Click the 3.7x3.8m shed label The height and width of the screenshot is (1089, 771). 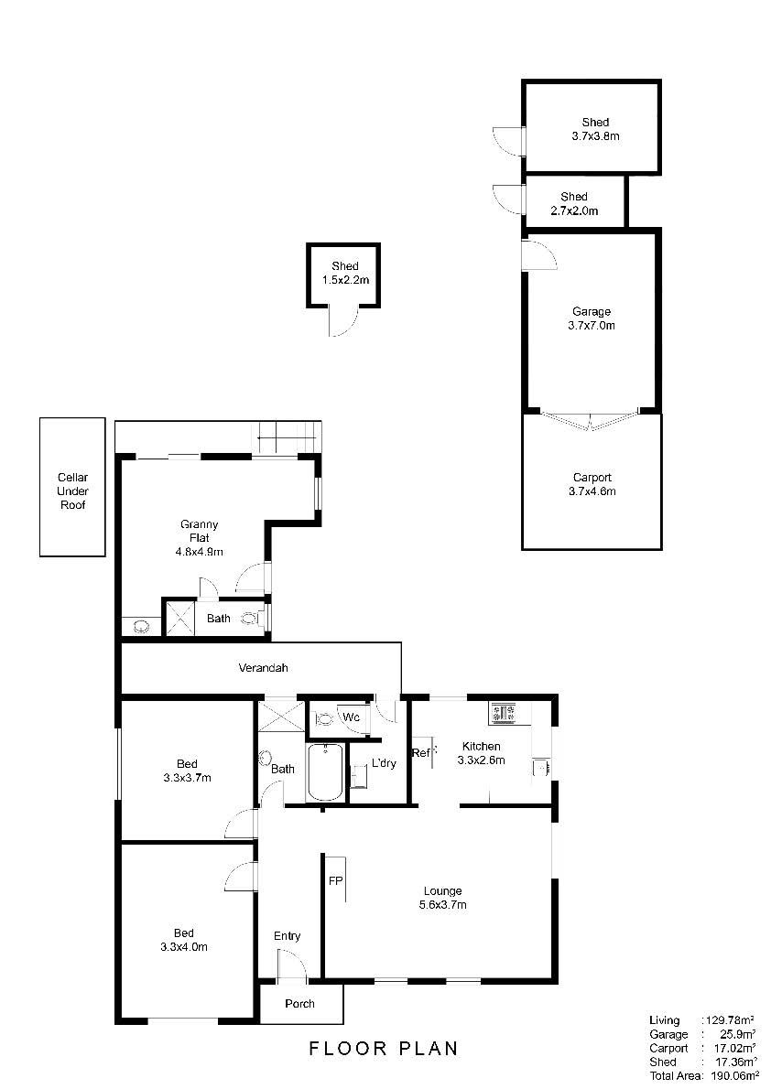tap(595, 129)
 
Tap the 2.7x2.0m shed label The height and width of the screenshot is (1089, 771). tap(574, 203)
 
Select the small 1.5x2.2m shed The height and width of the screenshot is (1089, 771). tap(343, 275)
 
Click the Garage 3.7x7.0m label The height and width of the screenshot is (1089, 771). tap(592, 318)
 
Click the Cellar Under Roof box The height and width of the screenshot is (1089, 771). tap(72, 487)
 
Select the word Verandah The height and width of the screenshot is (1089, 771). tap(263, 667)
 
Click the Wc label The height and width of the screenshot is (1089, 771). tap(351, 717)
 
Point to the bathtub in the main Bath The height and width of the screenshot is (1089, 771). tap(325, 772)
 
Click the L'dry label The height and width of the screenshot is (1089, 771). tap(384, 762)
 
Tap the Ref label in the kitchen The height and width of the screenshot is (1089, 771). tap(420, 752)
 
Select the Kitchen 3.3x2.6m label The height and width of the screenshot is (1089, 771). tap(481, 753)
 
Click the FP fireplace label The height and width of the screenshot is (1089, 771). tap(336, 880)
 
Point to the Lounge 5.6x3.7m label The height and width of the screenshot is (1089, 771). tap(443, 898)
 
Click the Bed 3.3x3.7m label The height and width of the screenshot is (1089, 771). tap(187, 771)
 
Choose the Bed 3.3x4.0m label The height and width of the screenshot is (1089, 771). tap(183, 940)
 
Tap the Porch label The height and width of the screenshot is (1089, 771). tap(299, 1004)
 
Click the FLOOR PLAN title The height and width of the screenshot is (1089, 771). tap(384, 1048)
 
